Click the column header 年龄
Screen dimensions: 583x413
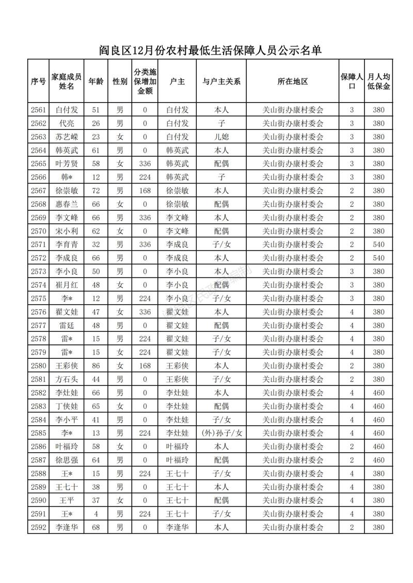96,81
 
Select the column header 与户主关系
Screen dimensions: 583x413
221,81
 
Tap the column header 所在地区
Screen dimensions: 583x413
292,81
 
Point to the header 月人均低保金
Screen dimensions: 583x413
378,81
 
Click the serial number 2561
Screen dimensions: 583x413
39,110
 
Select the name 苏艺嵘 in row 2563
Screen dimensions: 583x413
67,137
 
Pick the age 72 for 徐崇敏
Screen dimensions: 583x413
96,190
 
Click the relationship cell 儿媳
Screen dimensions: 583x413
221,137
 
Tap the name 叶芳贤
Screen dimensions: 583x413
67,163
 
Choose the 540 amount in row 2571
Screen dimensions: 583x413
378,244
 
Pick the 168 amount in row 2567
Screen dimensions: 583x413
145,190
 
